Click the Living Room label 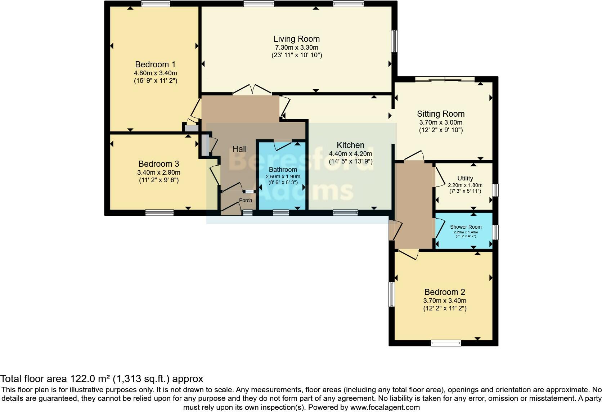tap(296, 39)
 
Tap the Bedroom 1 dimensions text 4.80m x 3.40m tap(155, 73)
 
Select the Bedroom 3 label tap(158, 164)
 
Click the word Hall tap(239, 149)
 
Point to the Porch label tap(246, 200)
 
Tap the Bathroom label tap(283, 170)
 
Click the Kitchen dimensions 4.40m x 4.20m tap(350, 154)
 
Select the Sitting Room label tap(441, 114)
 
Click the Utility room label tap(465, 178)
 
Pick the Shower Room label tap(466, 227)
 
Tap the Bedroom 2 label tap(445, 292)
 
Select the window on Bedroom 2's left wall tap(392, 294)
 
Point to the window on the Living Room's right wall tap(395, 41)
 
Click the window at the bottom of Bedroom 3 tap(160, 212)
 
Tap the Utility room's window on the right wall tap(495, 190)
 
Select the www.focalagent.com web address tap(385, 407)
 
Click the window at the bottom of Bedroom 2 tap(446, 343)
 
